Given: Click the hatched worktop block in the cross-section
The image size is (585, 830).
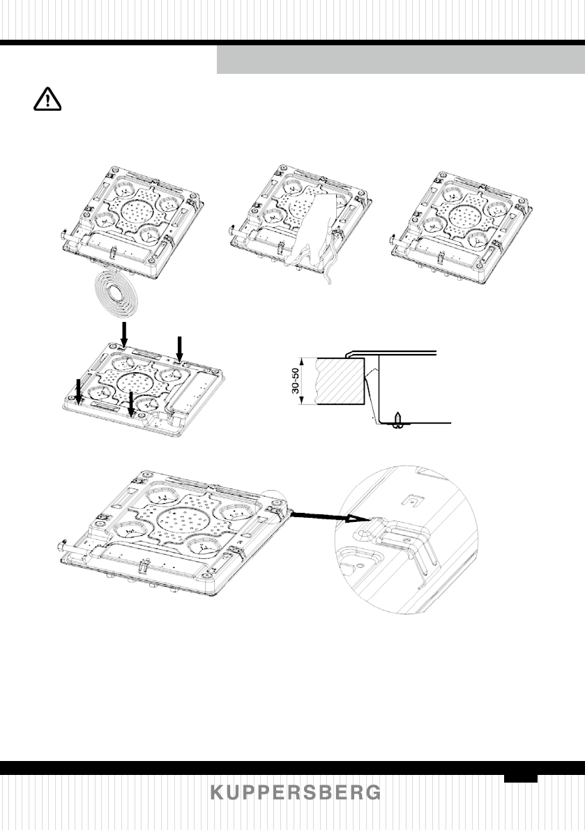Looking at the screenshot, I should click(x=341, y=382).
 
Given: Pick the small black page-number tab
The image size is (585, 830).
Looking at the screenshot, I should click(x=521, y=778).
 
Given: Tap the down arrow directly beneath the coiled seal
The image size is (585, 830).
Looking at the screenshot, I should click(x=123, y=332).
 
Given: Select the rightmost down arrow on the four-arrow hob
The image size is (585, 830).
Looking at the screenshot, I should click(x=181, y=346).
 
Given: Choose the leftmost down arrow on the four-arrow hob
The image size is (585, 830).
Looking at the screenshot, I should click(x=79, y=390).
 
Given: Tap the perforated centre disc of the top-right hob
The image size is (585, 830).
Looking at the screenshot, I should click(x=462, y=214).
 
